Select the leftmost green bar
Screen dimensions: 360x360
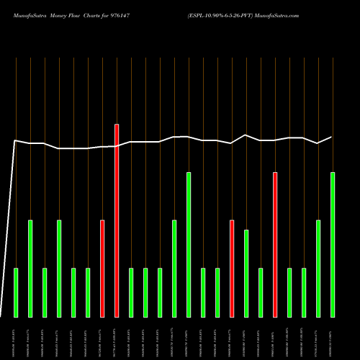click(x=16, y=292)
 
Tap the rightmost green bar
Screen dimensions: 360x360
click(x=333, y=244)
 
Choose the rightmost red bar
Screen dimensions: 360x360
click(x=275, y=244)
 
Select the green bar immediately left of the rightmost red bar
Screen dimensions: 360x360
click(x=261, y=292)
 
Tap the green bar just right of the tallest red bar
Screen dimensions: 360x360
click(x=131, y=292)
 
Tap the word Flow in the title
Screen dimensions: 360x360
click(x=84, y=14)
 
